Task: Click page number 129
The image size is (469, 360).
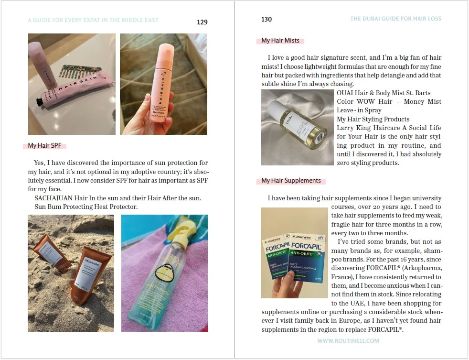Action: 202,22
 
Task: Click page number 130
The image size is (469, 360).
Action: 266,20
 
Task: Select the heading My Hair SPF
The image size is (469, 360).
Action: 44,145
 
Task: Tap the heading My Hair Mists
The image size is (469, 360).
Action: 280,41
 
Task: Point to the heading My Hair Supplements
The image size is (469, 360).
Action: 291,181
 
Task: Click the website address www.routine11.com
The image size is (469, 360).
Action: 348,341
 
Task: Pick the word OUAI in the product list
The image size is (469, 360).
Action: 345,93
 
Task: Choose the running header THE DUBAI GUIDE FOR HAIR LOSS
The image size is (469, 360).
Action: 396,19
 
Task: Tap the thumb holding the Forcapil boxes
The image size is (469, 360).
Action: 287,279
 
